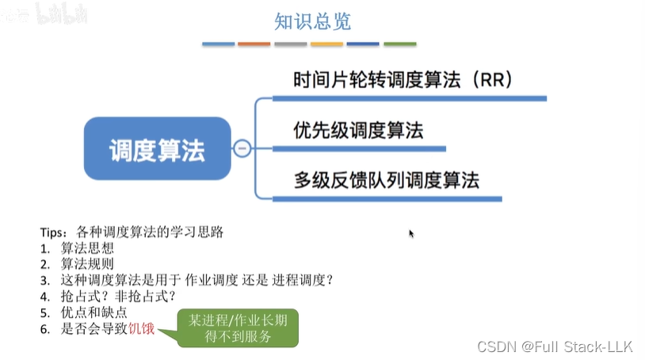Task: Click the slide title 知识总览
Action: (312, 21)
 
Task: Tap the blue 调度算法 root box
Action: (157, 148)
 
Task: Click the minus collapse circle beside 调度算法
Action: (242, 148)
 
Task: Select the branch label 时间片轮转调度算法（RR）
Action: (403, 80)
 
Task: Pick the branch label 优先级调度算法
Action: (357, 130)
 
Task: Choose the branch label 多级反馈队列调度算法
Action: (386, 179)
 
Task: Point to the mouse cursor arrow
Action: (411, 233)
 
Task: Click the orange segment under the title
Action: (254, 44)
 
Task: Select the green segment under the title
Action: (400, 44)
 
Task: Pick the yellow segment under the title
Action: (327, 44)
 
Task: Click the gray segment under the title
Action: (291, 44)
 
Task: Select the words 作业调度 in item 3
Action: (209, 280)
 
